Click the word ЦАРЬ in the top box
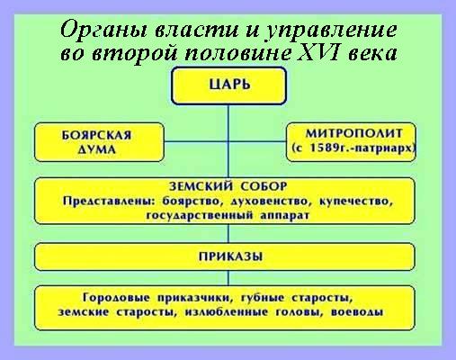click(x=229, y=85)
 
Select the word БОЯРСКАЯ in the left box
click(x=96, y=135)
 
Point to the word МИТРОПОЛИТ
click(x=353, y=133)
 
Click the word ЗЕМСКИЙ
click(x=201, y=186)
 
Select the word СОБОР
click(x=264, y=186)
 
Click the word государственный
click(x=199, y=216)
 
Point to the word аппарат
click(x=284, y=216)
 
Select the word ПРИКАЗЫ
click(x=231, y=256)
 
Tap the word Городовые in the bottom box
click(x=116, y=298)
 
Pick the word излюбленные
click(x=227, y=312)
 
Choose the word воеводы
click(x=357, y=312)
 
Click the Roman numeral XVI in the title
click(x=320, y=53)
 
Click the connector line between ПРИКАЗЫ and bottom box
click(x=228, y=278)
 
